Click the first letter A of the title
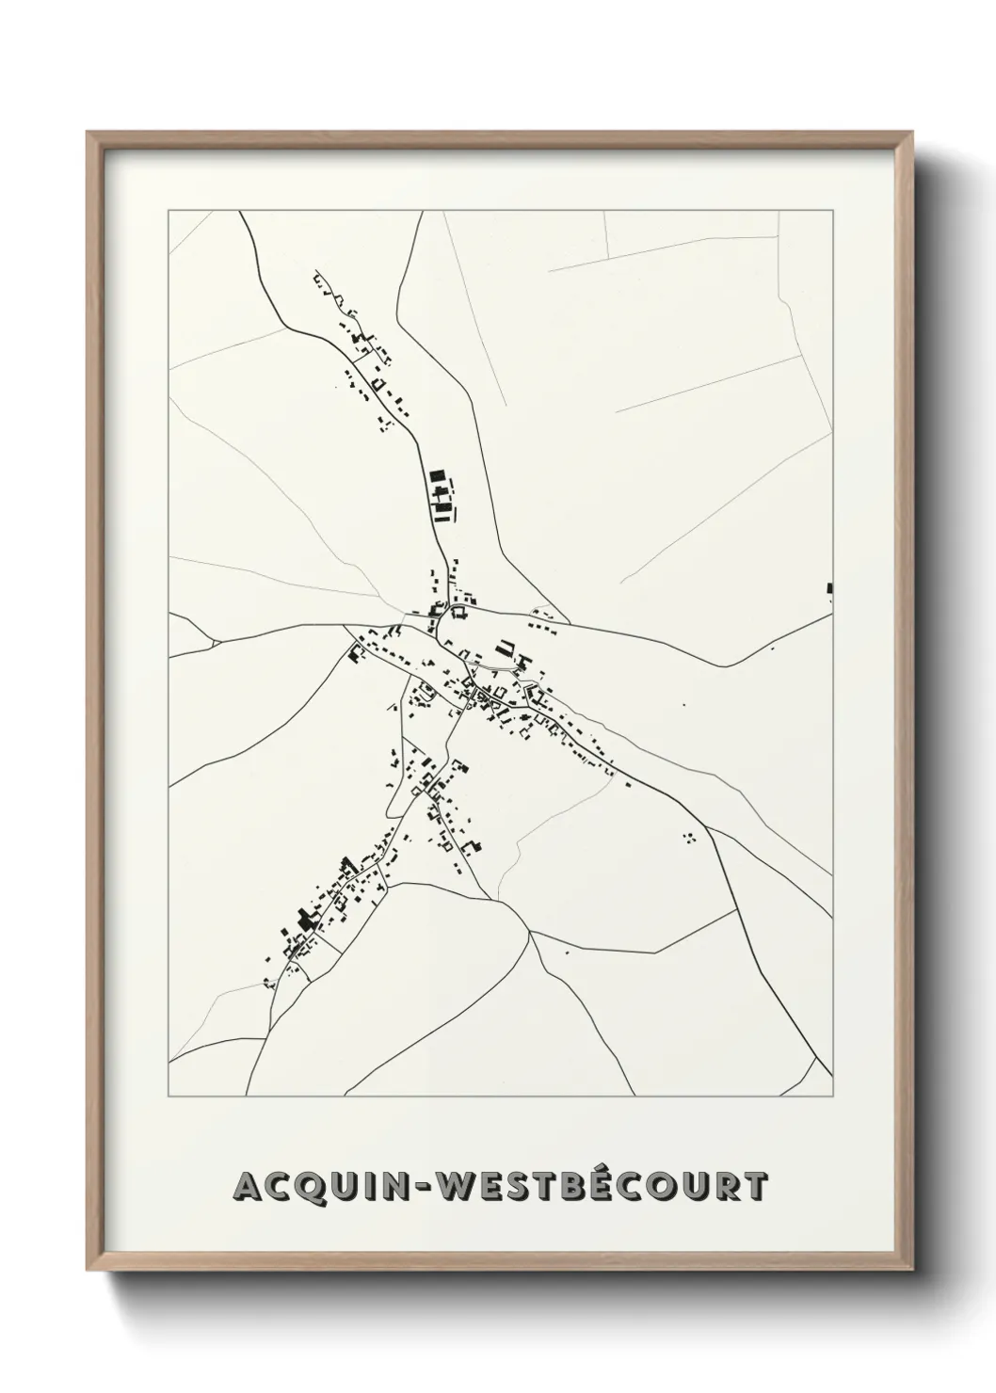[248, 1187]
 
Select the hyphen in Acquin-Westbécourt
[432, 1188]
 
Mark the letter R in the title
[735, 1187]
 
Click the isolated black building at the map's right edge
[829, 588]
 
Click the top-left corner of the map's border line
[169, 211]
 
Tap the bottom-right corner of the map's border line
[834, 1097]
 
